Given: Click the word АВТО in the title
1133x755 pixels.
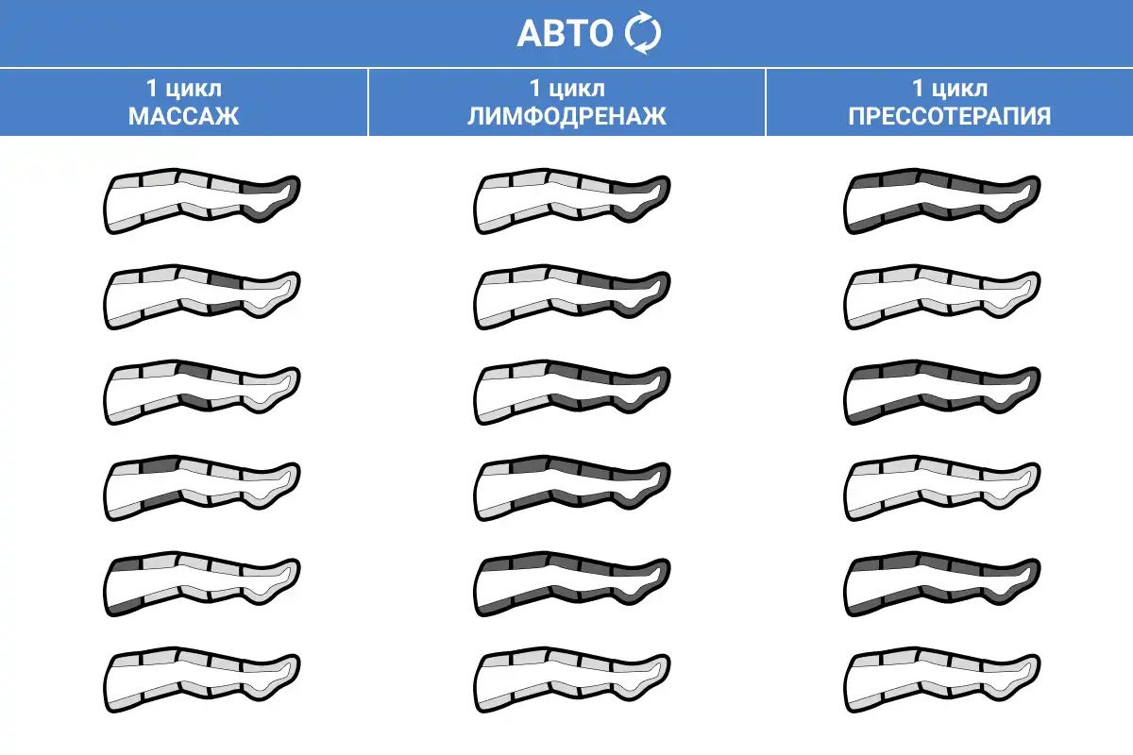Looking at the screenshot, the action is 565,34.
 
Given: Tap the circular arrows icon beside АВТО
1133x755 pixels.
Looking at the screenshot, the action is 644,34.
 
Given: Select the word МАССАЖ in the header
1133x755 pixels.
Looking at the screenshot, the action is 184,117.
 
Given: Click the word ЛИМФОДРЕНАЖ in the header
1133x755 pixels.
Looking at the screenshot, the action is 566,117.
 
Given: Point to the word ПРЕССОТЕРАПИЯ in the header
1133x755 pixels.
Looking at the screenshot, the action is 949,117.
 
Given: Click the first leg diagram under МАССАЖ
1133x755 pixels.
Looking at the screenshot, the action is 201,203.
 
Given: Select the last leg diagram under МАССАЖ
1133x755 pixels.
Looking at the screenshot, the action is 201,682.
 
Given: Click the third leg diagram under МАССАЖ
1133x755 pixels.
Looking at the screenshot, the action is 201,394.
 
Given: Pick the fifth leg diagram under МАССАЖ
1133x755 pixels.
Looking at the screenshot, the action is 201,586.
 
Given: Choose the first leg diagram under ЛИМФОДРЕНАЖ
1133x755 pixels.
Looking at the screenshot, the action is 571,203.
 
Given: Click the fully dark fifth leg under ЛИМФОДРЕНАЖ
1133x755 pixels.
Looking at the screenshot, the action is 571,586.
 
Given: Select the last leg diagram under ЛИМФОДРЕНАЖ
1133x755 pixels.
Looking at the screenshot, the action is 571,682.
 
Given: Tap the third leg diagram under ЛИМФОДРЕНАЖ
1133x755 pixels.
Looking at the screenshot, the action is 571,394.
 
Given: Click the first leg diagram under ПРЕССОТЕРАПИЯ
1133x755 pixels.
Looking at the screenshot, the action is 942,203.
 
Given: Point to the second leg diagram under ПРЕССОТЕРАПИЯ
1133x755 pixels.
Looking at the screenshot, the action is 942,299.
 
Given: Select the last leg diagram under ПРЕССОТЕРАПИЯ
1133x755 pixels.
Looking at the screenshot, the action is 942,682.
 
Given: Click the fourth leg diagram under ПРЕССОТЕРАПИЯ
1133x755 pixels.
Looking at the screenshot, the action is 942,491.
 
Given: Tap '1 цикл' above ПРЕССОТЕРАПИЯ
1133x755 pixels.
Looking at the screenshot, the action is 949,90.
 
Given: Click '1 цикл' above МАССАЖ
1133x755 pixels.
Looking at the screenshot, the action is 184,90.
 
